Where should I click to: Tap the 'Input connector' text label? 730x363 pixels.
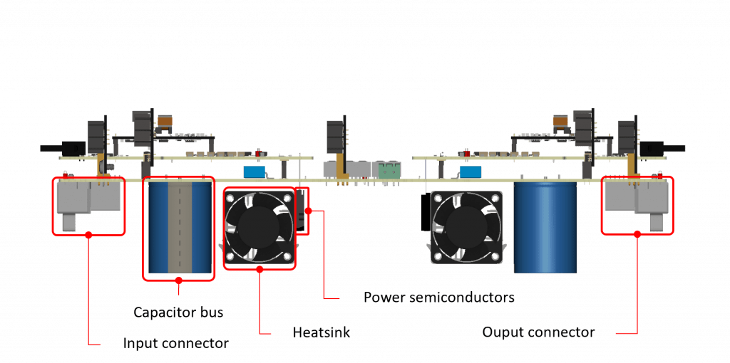pyautogui.click(x=176, y=343)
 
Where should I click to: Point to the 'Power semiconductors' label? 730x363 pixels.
pyautogui.click(x=438, y=296)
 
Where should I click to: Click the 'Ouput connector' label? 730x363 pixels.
pyautogui.click(x=538, y=332)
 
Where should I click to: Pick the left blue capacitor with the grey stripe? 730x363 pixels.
pyautogui.click(x=178, y=227)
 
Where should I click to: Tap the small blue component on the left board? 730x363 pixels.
pyautogui.click(x=255, y=172)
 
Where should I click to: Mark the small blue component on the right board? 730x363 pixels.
pyautogui.click(x=471, y=172)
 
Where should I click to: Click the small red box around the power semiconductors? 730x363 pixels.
pyautogui.click(x=304, y=211)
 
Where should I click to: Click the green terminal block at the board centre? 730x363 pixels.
pyautogui.click(x=389, y=170)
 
